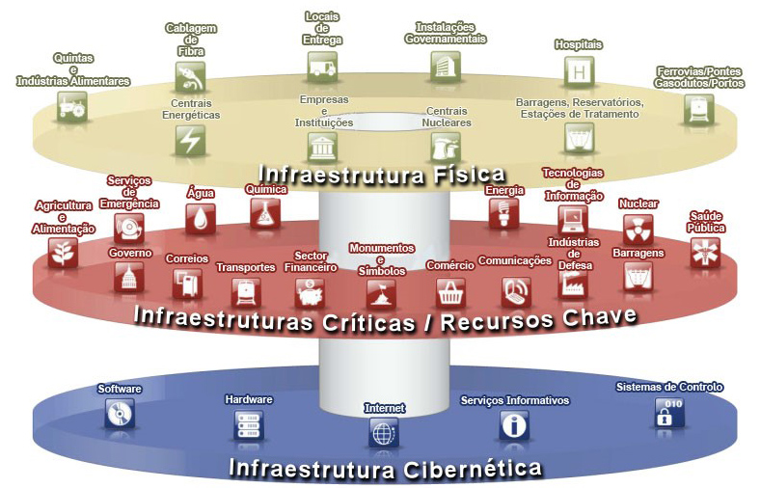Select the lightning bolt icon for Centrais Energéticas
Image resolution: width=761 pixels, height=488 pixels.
(189, 139)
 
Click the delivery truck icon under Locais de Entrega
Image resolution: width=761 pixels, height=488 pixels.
(322, 66)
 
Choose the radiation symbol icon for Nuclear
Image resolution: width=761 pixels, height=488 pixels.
(638, 229)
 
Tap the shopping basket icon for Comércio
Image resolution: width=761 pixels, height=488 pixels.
(450, 290)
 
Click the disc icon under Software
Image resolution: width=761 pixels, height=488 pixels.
(120, 414)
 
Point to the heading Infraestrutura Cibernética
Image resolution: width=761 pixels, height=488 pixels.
(385, 470)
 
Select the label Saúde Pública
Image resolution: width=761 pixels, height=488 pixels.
(707, 222)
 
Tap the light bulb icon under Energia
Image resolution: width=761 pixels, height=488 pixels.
(503, 212)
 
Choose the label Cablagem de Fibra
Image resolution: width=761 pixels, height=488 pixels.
(190, 40)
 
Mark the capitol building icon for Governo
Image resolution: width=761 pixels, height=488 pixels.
(129, 277)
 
